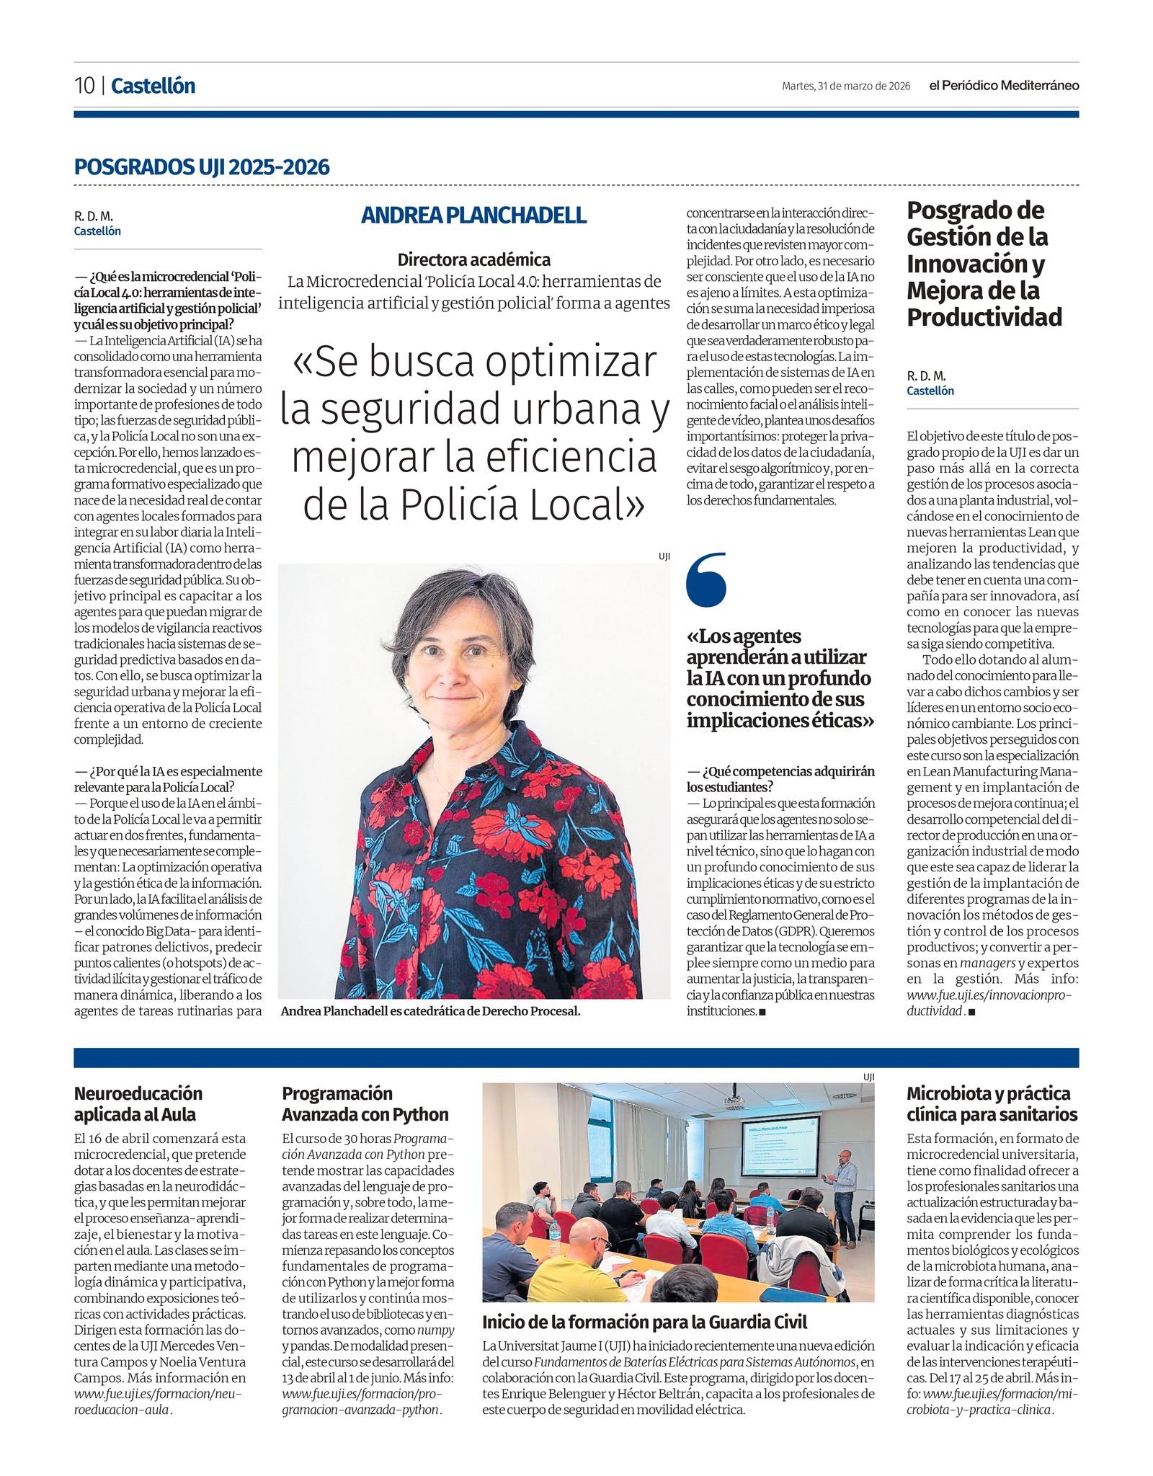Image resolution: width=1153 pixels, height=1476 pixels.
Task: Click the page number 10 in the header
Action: pos(84,86)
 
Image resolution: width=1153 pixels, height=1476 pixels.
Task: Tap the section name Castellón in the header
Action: pos(153,86)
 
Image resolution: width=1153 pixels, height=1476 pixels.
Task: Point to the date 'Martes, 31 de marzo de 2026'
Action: pos(846,86)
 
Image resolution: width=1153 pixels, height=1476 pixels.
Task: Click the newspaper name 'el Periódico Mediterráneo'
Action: pos(1004,86)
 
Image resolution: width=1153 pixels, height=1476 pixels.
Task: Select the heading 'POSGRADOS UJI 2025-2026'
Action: pos(202,167)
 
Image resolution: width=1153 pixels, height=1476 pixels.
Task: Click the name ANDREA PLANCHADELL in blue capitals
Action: pos(473,215)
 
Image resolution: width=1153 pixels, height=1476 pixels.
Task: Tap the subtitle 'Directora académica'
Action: pos(473,259)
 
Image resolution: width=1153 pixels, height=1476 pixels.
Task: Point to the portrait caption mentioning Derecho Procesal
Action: pos(430,1011)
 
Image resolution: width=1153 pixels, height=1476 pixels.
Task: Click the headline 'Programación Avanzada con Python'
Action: pos(365,1103)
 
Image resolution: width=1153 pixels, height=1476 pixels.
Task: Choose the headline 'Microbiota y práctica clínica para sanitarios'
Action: pos(992,1103)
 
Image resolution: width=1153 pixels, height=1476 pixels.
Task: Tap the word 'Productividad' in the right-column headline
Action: pos(984,317)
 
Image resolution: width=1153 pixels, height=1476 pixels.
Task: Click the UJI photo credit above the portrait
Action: pos(664,556)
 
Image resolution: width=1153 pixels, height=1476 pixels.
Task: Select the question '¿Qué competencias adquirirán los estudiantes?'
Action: pos(780,779)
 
